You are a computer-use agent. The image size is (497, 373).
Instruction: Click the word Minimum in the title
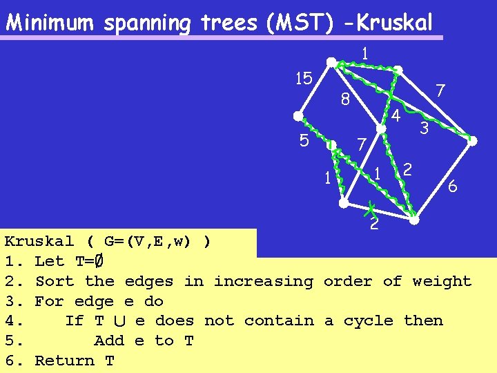coord(50,23)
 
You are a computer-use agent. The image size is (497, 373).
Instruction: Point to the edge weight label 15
coord(304,78)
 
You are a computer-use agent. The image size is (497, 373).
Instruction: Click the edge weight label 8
coord(346,101)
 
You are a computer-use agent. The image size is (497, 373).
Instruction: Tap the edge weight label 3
coord(425,128)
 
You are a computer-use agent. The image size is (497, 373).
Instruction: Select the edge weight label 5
coord(304,141)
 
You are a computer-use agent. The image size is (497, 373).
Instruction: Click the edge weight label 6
coord(452,186)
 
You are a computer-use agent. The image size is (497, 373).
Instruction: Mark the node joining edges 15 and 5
coord(298,115)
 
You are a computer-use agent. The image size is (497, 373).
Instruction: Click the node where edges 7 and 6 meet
coord(472,141)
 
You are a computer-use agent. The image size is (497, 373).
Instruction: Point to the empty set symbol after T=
coord(99,261)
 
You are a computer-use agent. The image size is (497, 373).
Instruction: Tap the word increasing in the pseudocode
coord(262,281)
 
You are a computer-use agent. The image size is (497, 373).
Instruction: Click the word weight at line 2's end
coord(441,281)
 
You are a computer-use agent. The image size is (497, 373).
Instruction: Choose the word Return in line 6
coord(64,361)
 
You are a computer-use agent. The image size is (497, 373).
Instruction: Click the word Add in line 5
coord(109,341)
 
